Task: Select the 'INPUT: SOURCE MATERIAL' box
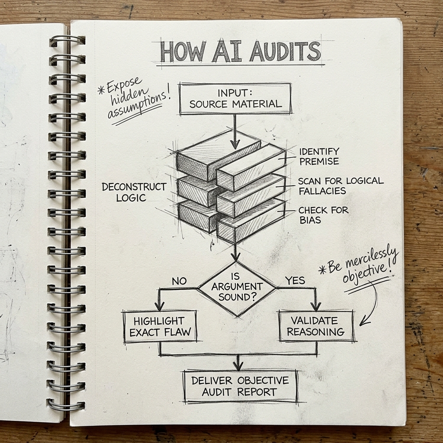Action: [235, 99]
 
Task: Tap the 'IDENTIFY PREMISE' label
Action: [319, 156]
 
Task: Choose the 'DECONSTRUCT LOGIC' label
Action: [134, 192]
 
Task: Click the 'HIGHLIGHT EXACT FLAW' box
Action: [160, 327]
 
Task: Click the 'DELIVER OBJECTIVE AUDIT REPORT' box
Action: [241, 386]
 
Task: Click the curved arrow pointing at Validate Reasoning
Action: [371, 305]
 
